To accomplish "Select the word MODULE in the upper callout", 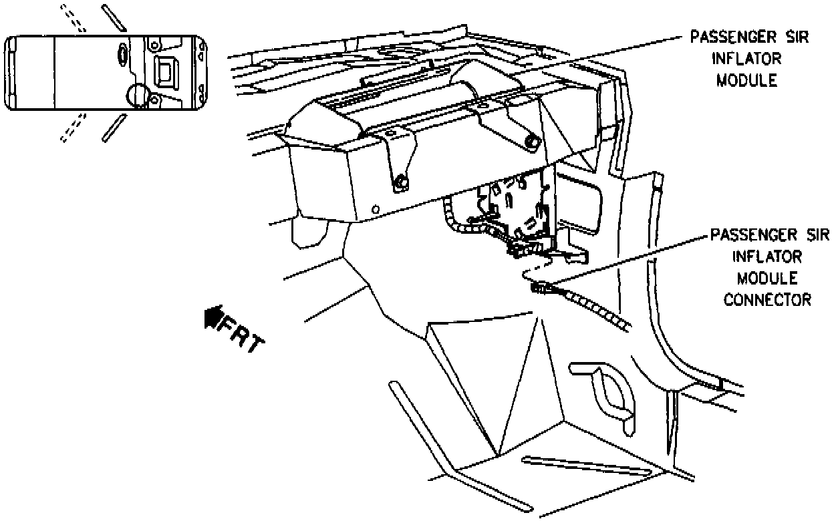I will (747, 80).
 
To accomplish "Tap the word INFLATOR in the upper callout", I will (748, 59).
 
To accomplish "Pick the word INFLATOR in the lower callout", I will (768, 256).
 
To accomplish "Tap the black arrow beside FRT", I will (213, 315).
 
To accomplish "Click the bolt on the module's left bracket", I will (400, 180).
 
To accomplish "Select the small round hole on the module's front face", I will (376, 209).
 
